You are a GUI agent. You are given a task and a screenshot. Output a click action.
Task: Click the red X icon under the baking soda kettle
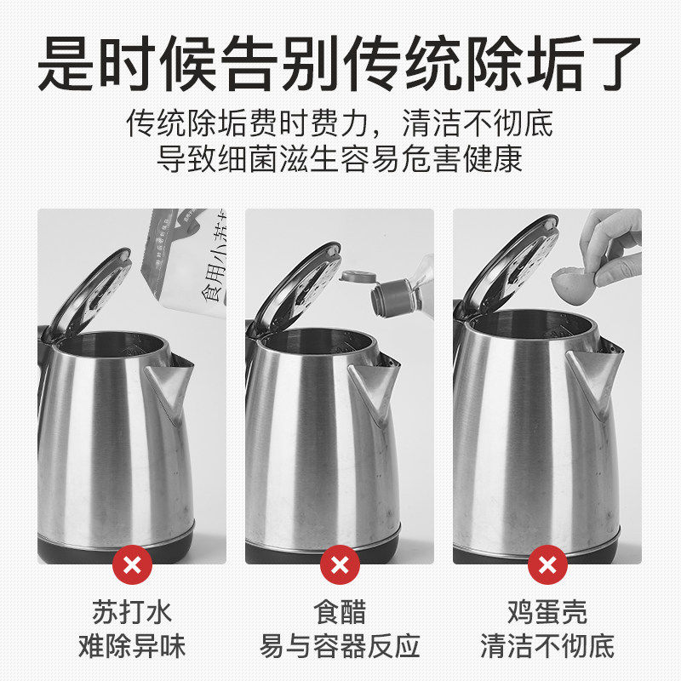[x=132, y=564]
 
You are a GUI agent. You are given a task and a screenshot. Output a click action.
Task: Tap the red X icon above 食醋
[x=340, y=564]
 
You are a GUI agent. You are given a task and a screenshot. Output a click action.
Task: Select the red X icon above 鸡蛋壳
[x=547, y=564]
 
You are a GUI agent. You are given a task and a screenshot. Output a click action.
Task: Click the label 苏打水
[x=132, y=612]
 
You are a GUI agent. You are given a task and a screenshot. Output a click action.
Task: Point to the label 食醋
[x=340, y=612]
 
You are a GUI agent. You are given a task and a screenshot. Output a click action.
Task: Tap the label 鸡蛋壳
[x=547, y=612]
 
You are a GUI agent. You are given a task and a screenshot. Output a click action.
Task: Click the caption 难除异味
[x=132, y=646]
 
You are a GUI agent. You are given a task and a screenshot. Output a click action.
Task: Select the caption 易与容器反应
[x=340, y=646]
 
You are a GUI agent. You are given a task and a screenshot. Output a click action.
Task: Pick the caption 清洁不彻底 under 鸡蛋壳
[x=547, y=646]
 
